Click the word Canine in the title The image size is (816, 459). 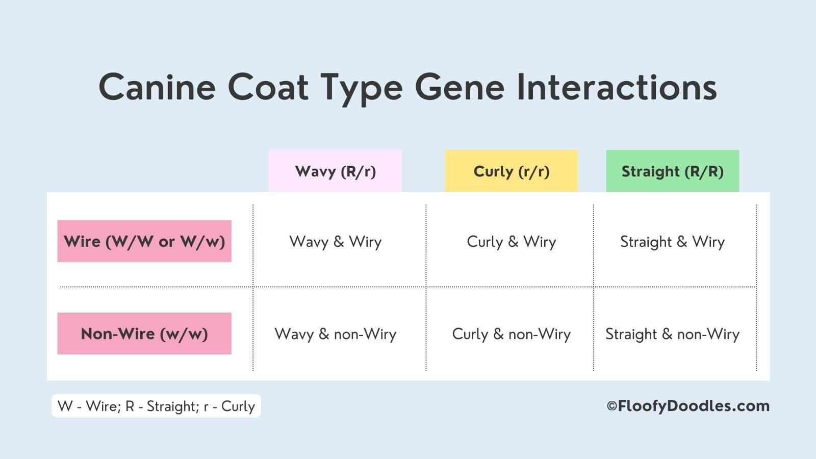pyautogui.click(x=158, y=87)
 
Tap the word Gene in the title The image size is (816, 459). pyautogui.click(x=460, y=87)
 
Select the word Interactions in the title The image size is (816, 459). pyautogui.click(x=617, y=87)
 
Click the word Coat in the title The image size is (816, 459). pyautogui.click(x=268, y=87)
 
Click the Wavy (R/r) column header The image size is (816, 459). pyautogui.click(x=335, y=171)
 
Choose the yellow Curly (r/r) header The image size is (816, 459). pyautogui.click(x=512, y=171)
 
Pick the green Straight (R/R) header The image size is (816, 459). pyautogui.click(x=673, y=171)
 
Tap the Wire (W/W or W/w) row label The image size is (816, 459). pyautogui.click(x=144, y=241)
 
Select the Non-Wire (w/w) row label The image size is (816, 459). pyautogui.click(x=144, y=334)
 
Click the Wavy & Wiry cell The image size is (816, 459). pyautogui.click(x=335, y=242)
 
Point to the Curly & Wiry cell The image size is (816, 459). pyautogui.click(x=512, y=242)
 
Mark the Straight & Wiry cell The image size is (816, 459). pyautogui.click(x=673, y=242)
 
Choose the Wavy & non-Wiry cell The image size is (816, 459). pyautogui.click(x=335, y=334)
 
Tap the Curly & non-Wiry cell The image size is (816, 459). pyautogui.click(x=512, y=334)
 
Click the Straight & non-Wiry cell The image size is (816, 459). pyautogui.click(x=673, y=334)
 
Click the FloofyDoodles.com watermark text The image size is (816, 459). pyautogui.click(x=694, y=406)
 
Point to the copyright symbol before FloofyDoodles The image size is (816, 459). pyautogui.click(x=612, y=406)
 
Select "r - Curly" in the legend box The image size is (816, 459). pyautogui.click(x=229, y=406)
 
